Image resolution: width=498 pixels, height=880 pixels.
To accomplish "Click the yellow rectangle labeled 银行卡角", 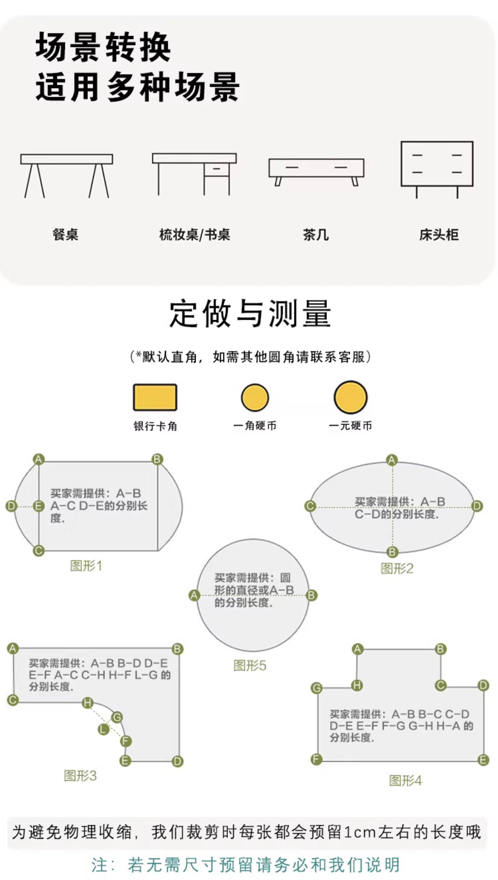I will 155,397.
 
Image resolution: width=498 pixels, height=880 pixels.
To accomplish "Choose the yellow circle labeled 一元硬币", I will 351,397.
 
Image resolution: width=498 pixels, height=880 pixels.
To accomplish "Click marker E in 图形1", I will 39,506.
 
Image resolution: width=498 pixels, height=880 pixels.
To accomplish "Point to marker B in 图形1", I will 157,459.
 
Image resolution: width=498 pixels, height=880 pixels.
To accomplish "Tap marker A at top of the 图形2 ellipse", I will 392,460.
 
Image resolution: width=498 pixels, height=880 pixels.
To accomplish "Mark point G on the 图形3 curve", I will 117,717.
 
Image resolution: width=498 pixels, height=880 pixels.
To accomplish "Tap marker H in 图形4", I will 357,685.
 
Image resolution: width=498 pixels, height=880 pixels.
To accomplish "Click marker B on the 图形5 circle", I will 311,595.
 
